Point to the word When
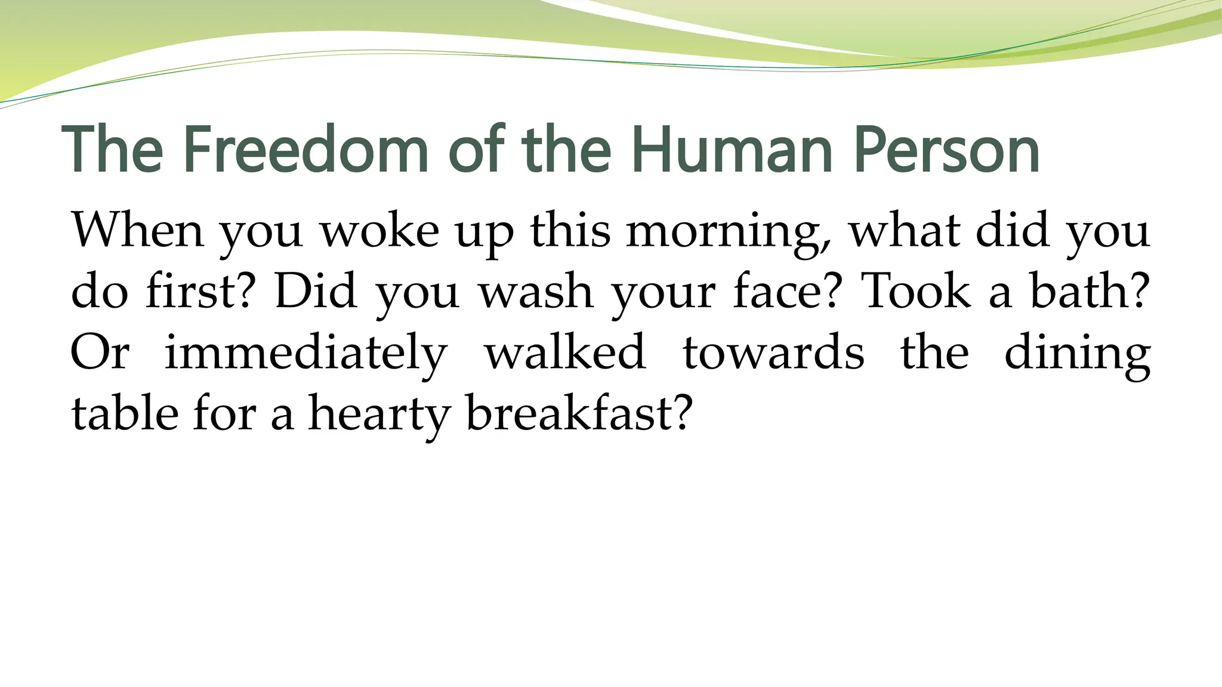click(x=137, y=231)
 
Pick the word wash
click(x=536, y=292)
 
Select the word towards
click(x=773, y=353)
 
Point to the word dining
click(x=1078, y=353)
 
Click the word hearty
click(x=377, y=414)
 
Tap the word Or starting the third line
click(x=100, y=353)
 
